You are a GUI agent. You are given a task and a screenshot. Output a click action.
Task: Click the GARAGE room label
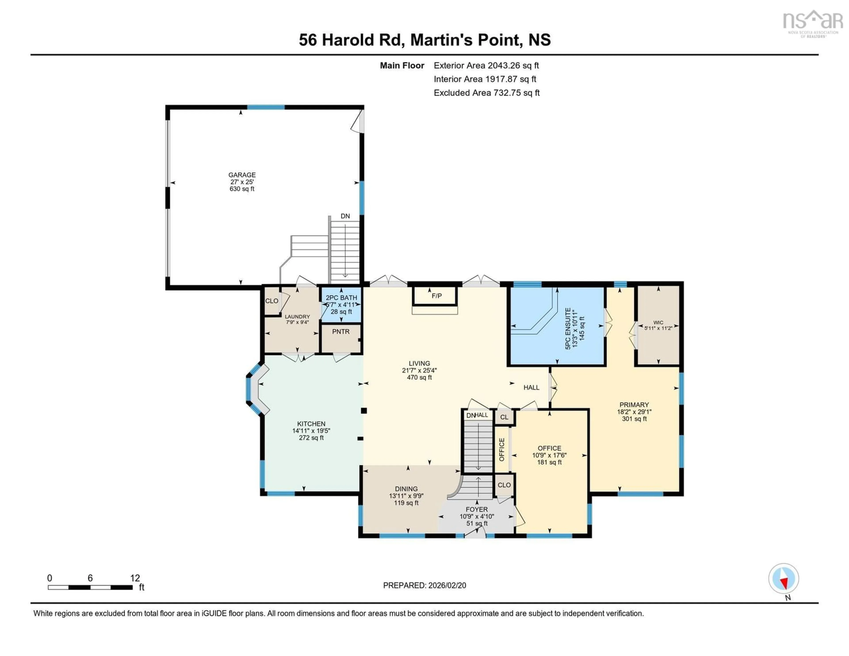242,175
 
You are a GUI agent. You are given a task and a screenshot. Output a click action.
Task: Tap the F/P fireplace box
437,296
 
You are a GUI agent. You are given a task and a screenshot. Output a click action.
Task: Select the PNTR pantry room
340,332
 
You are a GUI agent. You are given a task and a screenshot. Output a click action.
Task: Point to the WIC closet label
658,322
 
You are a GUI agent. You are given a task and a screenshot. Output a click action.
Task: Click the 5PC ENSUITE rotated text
568,329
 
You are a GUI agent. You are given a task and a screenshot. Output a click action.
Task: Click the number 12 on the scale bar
135,578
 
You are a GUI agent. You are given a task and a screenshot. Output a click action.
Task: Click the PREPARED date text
424,585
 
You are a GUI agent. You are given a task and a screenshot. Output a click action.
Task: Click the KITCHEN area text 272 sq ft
311,438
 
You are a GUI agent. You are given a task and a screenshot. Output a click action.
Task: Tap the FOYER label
477,509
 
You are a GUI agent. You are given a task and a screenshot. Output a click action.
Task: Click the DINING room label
406,489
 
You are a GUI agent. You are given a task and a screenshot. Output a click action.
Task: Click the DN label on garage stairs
345,216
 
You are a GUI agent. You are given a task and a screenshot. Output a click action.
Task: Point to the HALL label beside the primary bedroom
531,387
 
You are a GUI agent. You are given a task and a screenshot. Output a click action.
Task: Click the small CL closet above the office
504,417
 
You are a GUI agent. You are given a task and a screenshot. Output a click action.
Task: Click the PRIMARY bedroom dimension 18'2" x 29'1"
634,412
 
